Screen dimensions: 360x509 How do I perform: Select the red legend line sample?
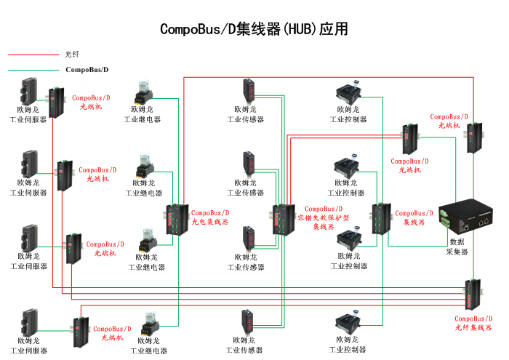[x=32, y=55]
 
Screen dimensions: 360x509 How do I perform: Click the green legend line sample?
[x=32, y=70]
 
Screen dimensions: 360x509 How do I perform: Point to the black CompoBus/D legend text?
[x=87, y=70]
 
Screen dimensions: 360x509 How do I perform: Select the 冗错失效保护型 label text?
[x=326, y=217]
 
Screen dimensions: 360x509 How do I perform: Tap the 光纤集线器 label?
[x=473, y=328]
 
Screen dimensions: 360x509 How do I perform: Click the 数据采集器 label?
[x=457, y=247]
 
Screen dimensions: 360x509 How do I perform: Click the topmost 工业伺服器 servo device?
[x=29, y=90]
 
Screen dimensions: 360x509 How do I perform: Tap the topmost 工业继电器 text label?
[x=143, y=119]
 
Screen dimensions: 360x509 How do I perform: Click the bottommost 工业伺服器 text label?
[x=28, y=351]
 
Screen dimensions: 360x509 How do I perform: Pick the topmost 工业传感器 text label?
[x=246, y=119]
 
